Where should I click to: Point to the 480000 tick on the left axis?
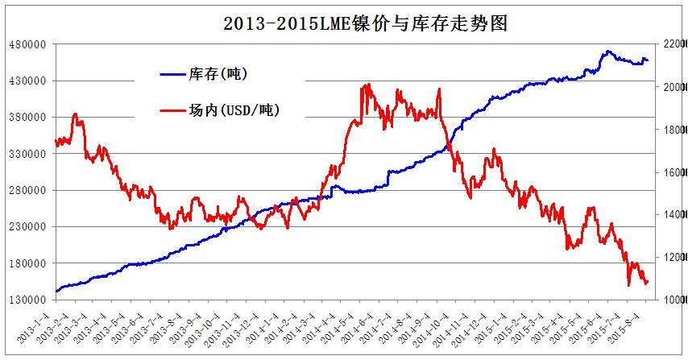(27, 44)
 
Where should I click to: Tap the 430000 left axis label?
(27, 81)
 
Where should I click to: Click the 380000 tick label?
(27, 118)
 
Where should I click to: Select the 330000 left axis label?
(27, 154)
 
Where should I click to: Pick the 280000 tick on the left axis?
(27, 190)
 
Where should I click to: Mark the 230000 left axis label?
(27, 227)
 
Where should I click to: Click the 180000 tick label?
(27, 263)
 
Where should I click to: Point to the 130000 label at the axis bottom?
(27, 300)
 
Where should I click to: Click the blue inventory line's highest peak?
(607, 51)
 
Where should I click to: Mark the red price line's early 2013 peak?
(75, 114)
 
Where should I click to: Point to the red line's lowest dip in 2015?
(629, 285)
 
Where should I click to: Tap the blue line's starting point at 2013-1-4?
(56, 291)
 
